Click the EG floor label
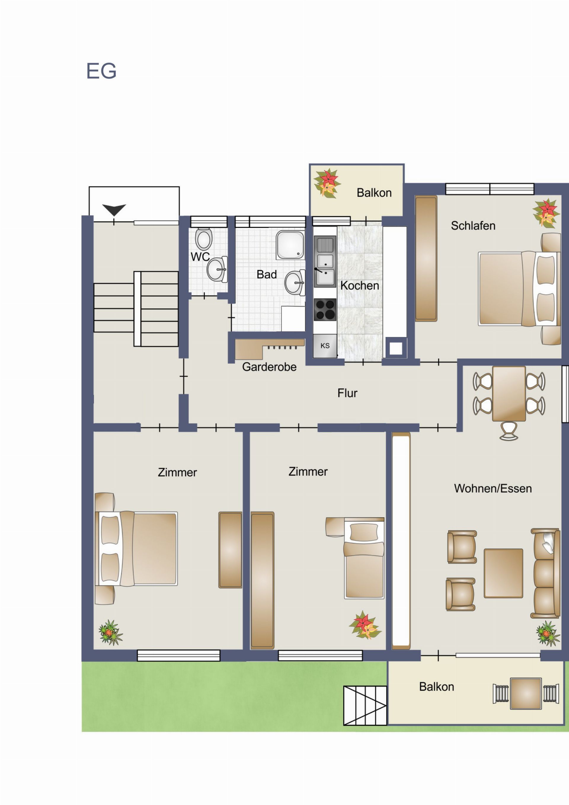pos(101,71)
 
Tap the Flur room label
pos(347,393)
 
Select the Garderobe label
pos(269,367)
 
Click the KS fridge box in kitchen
pos(325,346)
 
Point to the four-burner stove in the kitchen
pos(325,310)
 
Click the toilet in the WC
pos(204,239)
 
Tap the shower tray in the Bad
pos(290,245)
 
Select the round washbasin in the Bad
pos(295,282)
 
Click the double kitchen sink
pos(325,261)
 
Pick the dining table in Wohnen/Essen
pos(509,393)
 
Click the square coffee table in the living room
pos(503,573)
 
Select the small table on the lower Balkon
pos(525,694)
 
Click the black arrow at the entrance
pos(114,210)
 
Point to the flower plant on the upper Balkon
pos(327,183)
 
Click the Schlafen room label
pos(473,226)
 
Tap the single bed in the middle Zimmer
pos(364,558)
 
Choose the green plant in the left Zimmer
pos(110,632)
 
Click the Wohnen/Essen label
pos(493,488)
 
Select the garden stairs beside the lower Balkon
pos(365,705)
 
